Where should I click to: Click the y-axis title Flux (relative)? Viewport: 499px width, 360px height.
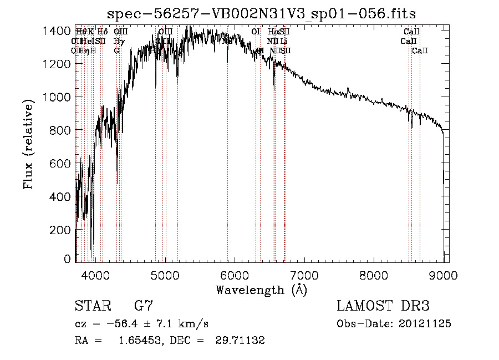(28, 144)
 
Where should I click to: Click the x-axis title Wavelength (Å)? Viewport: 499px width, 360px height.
(261, 290)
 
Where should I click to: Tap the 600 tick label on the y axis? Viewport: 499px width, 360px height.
(59, 163)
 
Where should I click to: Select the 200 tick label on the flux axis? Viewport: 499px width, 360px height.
(59, 230)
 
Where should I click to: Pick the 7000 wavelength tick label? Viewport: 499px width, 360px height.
(304, 275)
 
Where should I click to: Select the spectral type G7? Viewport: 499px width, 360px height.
(143, 306)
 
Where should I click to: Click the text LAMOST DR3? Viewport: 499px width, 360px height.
(383, 306)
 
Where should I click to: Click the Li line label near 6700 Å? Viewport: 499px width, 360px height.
(283, 41)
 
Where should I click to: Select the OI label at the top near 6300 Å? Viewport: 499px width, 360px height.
(256, 32)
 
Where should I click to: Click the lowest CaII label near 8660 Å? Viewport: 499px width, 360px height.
(420, 50)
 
